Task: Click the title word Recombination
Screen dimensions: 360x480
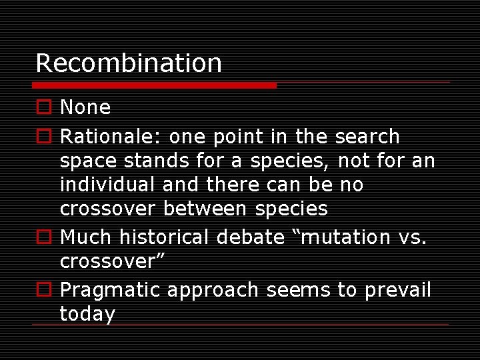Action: pyautogui.click(x=129, y=63)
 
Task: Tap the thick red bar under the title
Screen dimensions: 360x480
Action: pyautogui.click(x=154, y=85)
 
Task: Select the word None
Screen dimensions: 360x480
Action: pyautogui.click(x=85, y=107)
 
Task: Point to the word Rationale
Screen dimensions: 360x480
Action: pyautogui.click(x=109, y=137)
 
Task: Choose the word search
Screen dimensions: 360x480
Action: pyautogui.click(x=367, y=137)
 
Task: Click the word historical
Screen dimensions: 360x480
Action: pyautogui.click(x=172, y=237)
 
